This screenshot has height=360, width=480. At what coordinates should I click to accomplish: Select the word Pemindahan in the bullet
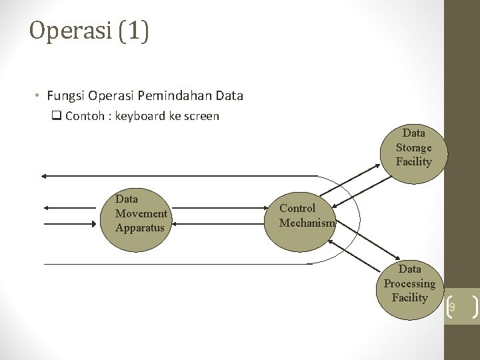tap(181, 96)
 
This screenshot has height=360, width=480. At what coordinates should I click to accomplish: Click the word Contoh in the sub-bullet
tap(85, 116)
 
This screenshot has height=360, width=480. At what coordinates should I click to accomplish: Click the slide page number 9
tap(451, 307)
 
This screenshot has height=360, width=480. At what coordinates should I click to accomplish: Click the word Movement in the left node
tap(141, 213)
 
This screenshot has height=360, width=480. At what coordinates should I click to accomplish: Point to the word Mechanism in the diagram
tap(307, 223)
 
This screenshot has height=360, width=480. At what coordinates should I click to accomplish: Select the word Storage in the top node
tap(413, 147)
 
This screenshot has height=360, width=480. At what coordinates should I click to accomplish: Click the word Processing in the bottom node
tap(409, 283)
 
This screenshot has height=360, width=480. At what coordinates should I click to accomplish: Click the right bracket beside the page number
tap(475, 307)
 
